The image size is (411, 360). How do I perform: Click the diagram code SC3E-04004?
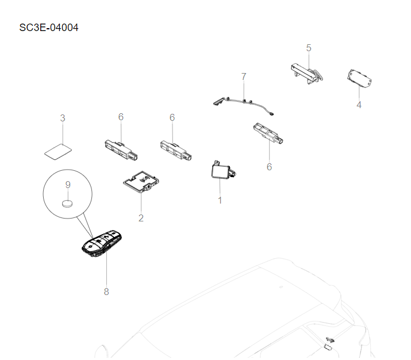49,28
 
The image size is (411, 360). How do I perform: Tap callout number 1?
220,200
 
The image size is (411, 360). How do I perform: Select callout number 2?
141,218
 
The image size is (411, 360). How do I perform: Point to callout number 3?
63,118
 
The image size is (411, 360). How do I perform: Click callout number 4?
359,105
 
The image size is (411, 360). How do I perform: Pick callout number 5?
309,48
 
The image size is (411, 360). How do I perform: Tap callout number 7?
244,76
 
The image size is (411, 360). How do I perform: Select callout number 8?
106,292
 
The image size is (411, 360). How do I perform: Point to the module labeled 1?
221,171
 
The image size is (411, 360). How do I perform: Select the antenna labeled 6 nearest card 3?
121,147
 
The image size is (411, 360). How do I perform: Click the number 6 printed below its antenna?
269,167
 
